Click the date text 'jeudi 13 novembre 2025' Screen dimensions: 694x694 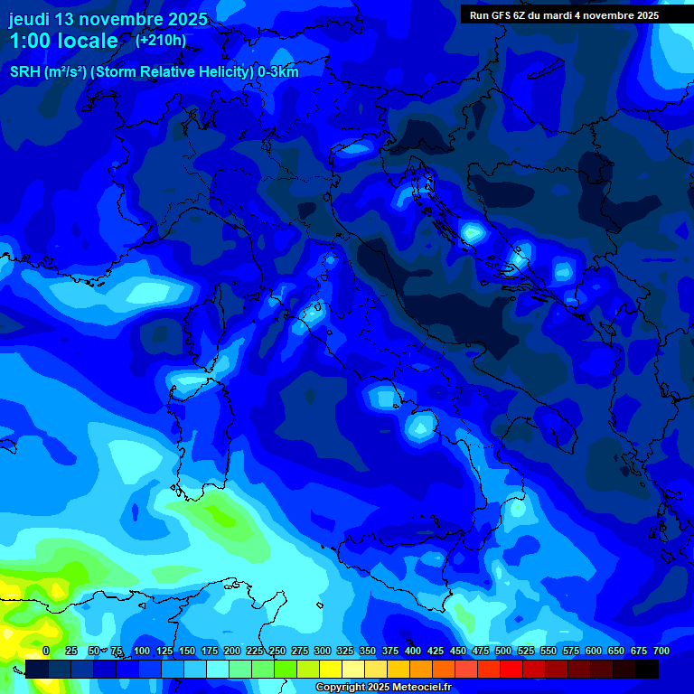[108, 19]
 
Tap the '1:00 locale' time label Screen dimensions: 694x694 [64, 41]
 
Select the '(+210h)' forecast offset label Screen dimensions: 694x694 [161, 40]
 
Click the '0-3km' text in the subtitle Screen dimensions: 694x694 [277, 71]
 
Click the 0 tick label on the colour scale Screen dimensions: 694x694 [46, 651]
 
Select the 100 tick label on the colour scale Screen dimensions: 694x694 [142, 651]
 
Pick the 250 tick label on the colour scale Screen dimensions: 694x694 [277, 651]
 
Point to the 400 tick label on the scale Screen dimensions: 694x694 [413, 651]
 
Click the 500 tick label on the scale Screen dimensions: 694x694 [503, 651]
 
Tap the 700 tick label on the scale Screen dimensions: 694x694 [661, 651]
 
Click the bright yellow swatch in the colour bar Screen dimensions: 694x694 [331, 669]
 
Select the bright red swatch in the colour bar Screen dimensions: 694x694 [511, 669]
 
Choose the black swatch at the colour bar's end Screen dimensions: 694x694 [647, 669]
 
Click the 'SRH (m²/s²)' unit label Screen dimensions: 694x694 [48, 71]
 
